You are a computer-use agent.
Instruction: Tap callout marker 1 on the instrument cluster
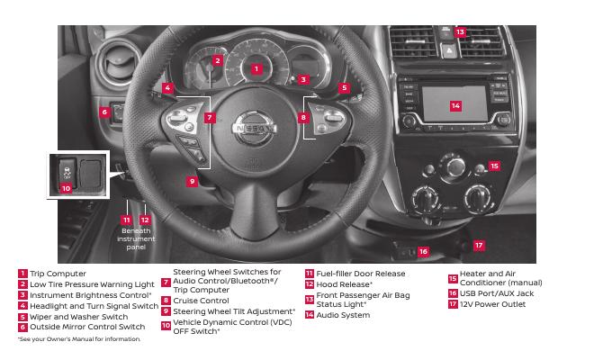[x=256, y=67]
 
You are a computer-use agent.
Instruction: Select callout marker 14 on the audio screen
[x=455, y=106]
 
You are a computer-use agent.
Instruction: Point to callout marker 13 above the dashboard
[x=460, y=31]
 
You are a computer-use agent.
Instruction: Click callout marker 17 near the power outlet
[x=479, y=245]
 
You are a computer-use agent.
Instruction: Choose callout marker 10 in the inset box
[x=66, y=188]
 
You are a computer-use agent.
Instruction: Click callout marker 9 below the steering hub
[x=192, y=181]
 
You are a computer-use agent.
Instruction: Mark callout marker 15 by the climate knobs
[x=493, y=166]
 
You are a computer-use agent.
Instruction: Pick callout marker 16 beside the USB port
[x=423, y=252]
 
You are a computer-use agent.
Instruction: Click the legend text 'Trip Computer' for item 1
[x=58, y=274]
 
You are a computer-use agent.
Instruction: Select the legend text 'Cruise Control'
[x=201, y=301]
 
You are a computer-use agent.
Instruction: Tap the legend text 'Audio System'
[x=343, y=315]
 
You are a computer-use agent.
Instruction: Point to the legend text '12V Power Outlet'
[x=493, y=304]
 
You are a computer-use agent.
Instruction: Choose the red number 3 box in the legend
[x=22, y=295]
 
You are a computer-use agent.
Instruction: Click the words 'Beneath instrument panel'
[x=136, y=238]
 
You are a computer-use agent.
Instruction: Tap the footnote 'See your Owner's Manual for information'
[x=79, y=338]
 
